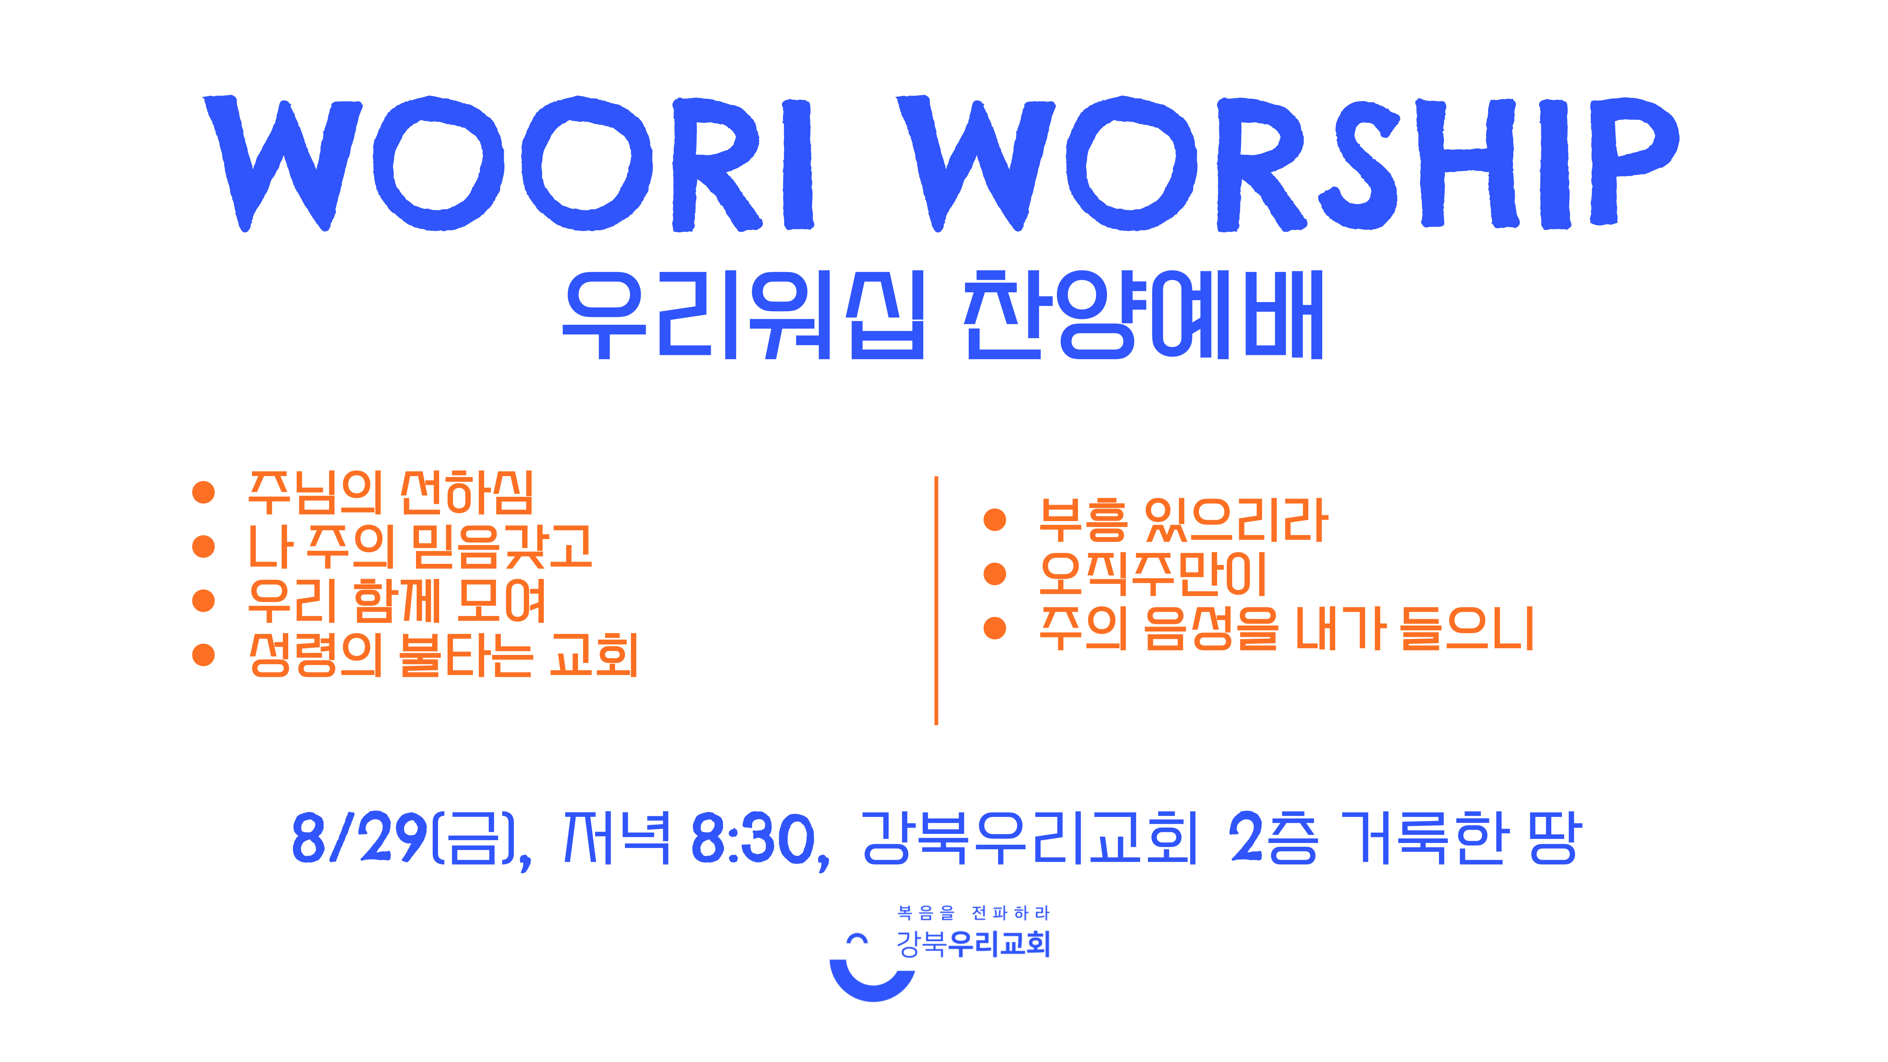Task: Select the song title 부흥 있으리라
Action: point(1183,520)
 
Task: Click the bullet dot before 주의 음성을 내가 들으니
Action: point(995,628)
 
